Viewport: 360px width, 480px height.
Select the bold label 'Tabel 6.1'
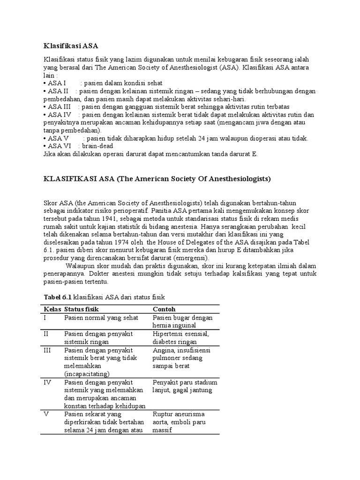(58, 298)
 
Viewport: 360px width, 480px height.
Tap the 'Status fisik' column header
(82, 309)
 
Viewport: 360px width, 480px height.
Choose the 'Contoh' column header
(165, 309)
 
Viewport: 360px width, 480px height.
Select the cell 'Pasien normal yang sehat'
(102, 318)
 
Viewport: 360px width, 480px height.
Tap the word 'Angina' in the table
(164, 350)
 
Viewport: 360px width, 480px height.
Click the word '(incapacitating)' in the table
(88, 374)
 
